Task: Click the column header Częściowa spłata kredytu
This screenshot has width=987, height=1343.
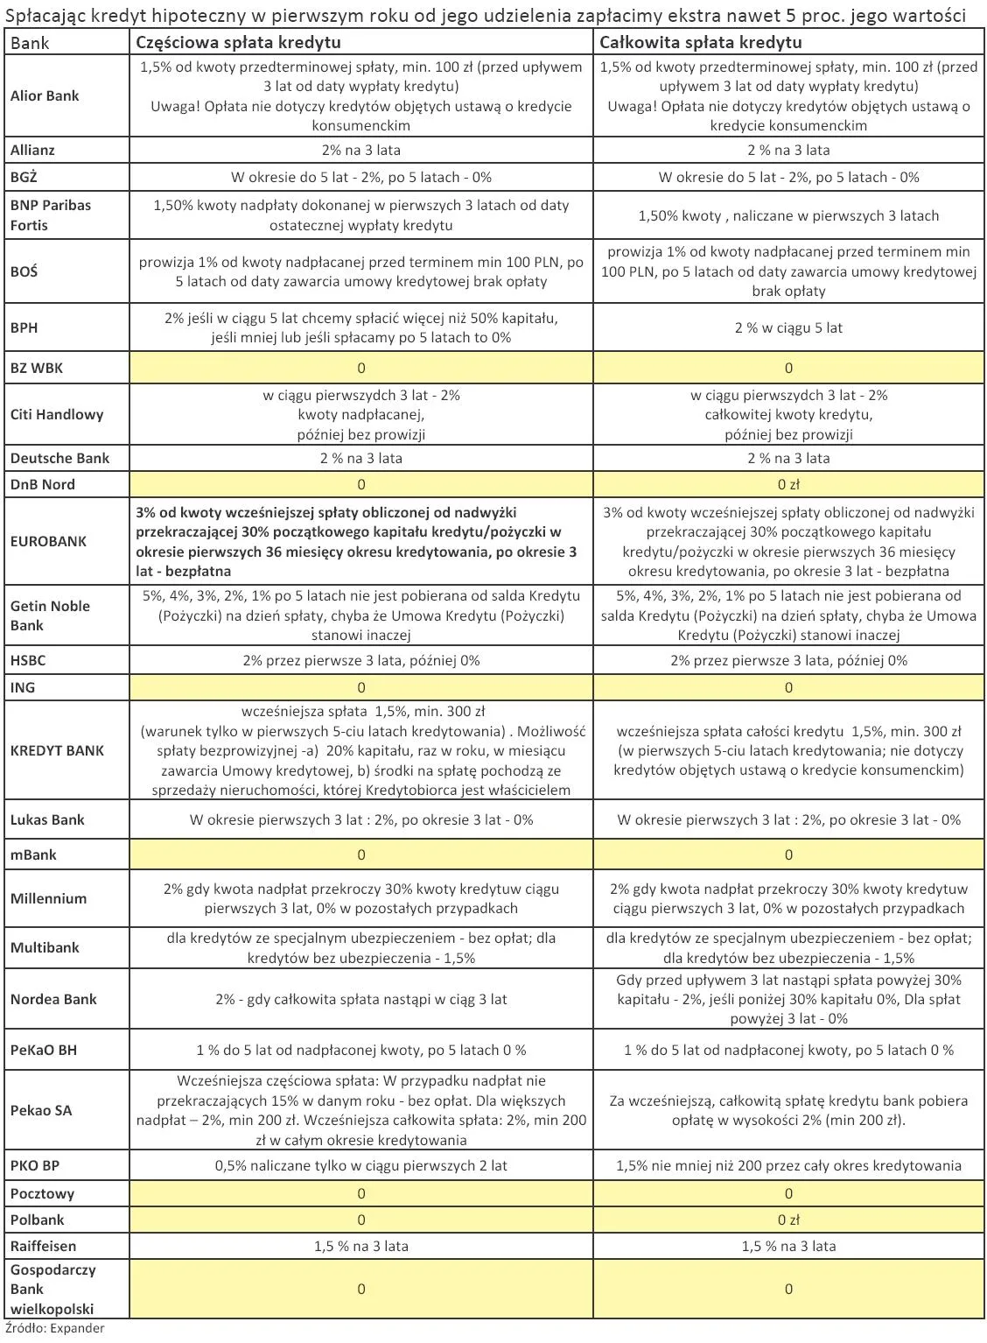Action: tap(238, 42)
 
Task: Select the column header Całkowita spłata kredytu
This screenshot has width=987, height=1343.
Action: tap(700, 42)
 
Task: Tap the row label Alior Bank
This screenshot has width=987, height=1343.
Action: tap(45, 96)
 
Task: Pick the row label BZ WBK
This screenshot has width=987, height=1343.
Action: tap(37, 368)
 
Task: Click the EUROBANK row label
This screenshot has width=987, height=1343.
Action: tap(48, 541)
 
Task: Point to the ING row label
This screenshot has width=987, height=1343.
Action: tap(23, 687)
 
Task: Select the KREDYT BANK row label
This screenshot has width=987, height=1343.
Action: tap(57, 750)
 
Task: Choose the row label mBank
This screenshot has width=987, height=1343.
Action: tap(33, 854)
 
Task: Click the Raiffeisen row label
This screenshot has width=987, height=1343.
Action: tap(43, 1246)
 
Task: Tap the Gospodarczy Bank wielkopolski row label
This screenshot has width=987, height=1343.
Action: tap(52, 1289)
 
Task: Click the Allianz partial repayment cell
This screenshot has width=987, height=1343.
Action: tap(360, 150)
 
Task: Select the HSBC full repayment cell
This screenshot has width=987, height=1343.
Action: tap(788, 660)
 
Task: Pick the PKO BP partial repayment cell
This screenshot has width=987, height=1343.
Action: tap(360, 1165)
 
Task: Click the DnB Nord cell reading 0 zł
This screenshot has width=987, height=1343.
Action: tap(788, 484)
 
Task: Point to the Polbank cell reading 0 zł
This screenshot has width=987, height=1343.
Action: tap(788, 1220)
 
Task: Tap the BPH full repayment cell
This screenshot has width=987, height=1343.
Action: tap(788, 327)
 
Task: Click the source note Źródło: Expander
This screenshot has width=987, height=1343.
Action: tap(54, 1328)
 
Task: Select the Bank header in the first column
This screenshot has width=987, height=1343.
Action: tap(30, 42)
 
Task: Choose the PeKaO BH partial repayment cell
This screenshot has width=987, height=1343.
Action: tap(360, 1050)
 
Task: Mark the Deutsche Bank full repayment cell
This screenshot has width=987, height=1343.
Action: tap(788, 458)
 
